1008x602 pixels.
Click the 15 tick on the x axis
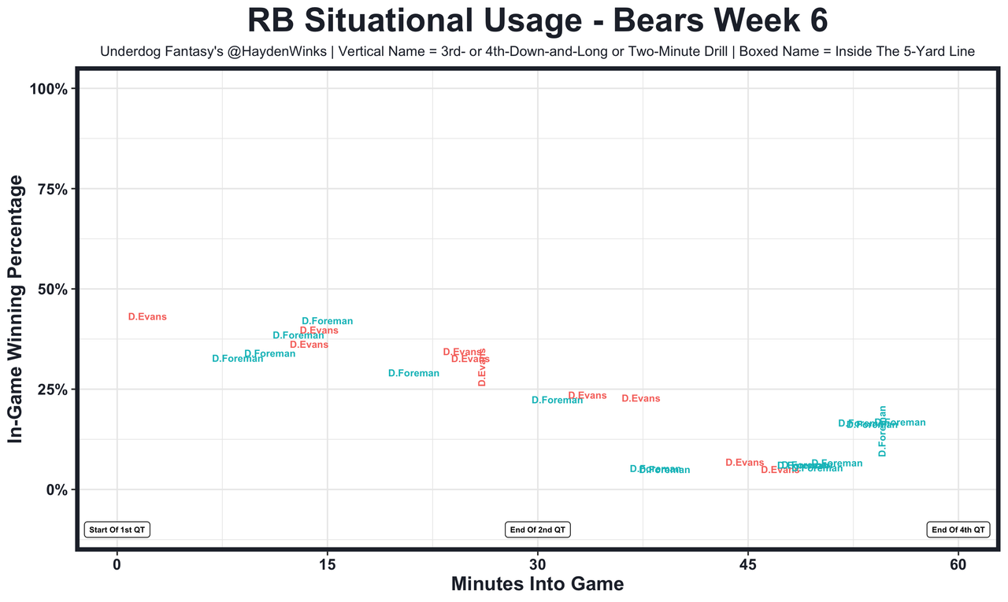pyautogui.click(x=327, y=564)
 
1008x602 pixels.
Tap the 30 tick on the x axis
pyautogui.click(x=538, y=564)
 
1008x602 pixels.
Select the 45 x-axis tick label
pyautogui.click(x=748, y=564)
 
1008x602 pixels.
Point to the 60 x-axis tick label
pyautogui.click(x=958, y=564)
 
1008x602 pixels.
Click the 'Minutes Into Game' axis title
pyautogui.click(x=537, y=585)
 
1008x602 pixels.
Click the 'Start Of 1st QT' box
pyautogui.click(x=117, y=530)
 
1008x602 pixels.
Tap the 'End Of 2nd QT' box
pyautogui.click(x=538, y=530)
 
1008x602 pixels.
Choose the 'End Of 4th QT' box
pyautogui.click(x=958, y=530)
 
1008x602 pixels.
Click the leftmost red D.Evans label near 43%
pyautogui.click(x=147, y=317)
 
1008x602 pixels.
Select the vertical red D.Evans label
pyautogui.click(x=482, y=367)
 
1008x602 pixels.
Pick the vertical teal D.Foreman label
pyautogui.click(x=883, y=431)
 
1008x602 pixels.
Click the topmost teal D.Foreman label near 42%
pyautogui.click(x=327, y=321)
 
